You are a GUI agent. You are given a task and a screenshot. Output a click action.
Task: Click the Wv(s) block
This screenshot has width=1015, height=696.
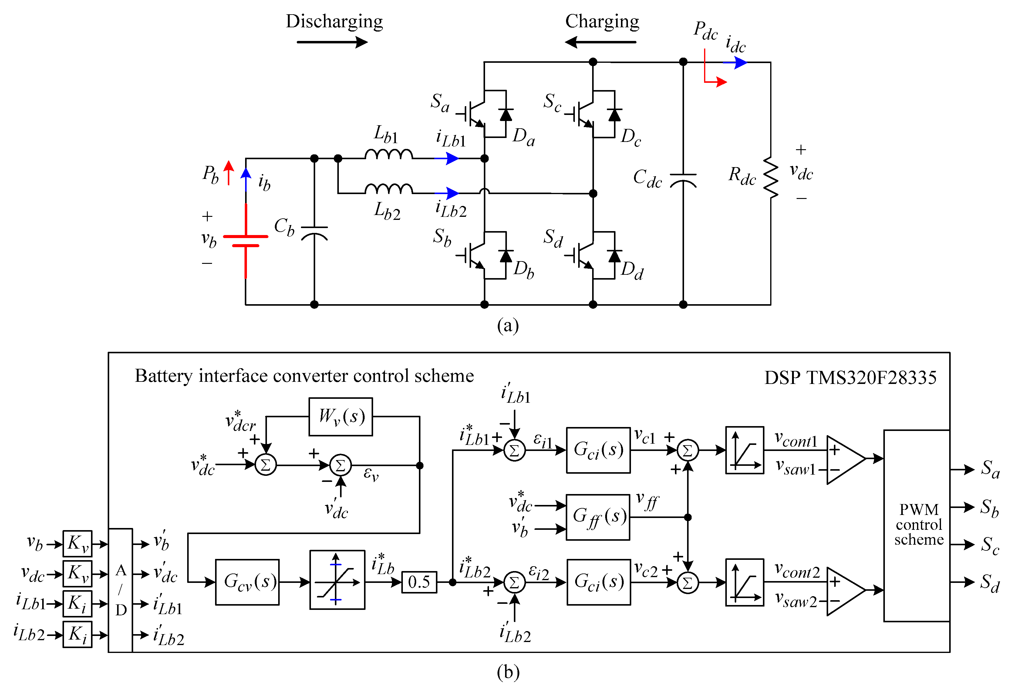pos(341,417)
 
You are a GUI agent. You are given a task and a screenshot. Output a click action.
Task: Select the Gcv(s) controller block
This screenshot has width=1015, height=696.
pos(247,582)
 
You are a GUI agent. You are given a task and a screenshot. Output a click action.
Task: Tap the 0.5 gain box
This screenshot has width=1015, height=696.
pos(419,582)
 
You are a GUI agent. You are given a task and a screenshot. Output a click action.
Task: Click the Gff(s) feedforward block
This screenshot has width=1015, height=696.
pos(598,517)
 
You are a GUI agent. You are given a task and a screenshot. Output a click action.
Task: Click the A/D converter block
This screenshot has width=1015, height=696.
pos(120,590)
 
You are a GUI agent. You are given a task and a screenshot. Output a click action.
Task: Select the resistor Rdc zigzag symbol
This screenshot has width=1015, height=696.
pos(771,178)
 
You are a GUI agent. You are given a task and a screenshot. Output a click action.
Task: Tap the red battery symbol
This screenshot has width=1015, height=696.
pos(245,240)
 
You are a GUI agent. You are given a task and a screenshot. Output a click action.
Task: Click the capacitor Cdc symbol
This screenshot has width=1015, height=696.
pos(683,180)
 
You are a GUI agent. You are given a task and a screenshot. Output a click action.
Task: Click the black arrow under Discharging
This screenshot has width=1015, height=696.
pos(332,42)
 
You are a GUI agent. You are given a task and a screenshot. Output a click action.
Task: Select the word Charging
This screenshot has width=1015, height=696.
pos(602,21)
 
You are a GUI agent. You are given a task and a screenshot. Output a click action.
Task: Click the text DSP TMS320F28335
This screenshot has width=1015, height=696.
pos(850,377)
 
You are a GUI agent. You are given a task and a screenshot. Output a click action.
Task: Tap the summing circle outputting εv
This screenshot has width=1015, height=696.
pos(340,465)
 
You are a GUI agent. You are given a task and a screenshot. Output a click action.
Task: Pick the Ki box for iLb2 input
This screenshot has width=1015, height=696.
pos(77,634)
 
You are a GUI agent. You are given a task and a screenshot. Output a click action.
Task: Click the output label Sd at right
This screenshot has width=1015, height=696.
pos(990,583)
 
